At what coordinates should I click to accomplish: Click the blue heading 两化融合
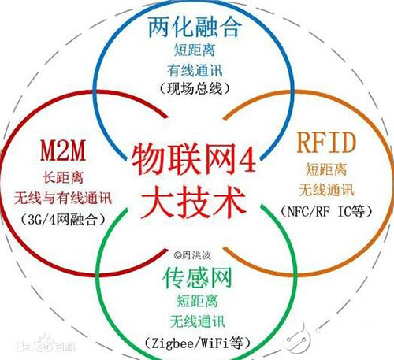coord(195,27)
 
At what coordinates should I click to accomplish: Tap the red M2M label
coord(63,150)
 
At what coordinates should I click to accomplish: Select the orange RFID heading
coord(326,143)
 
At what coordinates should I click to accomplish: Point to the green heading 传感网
coord(197,277)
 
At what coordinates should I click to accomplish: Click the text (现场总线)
coord(195,89)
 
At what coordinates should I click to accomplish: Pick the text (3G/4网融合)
coord(63,220)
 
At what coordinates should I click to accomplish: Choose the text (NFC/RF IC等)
coord(326,211)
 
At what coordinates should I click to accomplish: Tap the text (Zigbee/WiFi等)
coord(197,343)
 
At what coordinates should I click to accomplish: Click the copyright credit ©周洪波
coord(192,255)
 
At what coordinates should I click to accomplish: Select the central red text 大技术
coord(194,202)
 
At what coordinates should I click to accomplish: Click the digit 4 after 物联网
coord(247,159)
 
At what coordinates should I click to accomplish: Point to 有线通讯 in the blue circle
coord(195,70)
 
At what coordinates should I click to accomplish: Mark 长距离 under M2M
coord(63,177)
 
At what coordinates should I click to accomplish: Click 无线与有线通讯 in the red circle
coord(63,199)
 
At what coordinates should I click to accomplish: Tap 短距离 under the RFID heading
coord(326,169)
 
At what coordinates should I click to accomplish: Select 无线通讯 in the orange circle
coord(326,190)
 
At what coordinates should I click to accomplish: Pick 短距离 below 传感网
coord(197,301)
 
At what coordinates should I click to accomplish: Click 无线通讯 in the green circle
coord(197,321)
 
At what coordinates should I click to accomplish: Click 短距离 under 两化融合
coord(195,50)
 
